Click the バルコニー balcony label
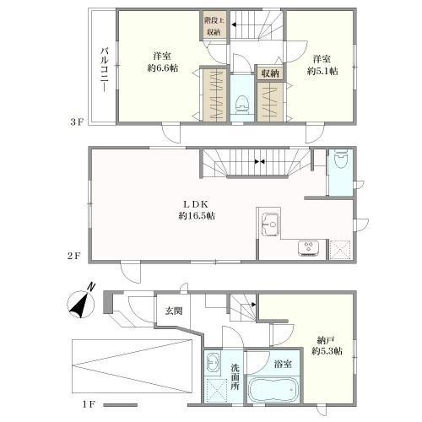click(x=105, y=69)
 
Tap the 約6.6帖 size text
click(x=163, y=68)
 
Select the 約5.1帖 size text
click(x=322, y=71)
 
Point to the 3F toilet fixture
click(x=241, y=105)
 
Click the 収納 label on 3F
click(x=270, y=73)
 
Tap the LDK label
click(x=196, y=204)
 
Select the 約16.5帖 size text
click(x=197, y=216)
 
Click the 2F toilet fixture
click(x=340, y=159)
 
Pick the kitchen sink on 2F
click(x=271, y=225)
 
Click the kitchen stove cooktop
click(x=308, y=248)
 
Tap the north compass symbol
click(x=81, y=303)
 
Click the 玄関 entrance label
click(x=174, y=311)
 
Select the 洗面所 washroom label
click(x=235, y=376)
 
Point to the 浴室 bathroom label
click(x=283, y=365)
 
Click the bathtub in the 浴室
click(x=273, y=390)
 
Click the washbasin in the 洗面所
click(x=213, y=363)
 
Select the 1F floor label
click(x=89, y=404)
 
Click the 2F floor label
click(x=74, y=256)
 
